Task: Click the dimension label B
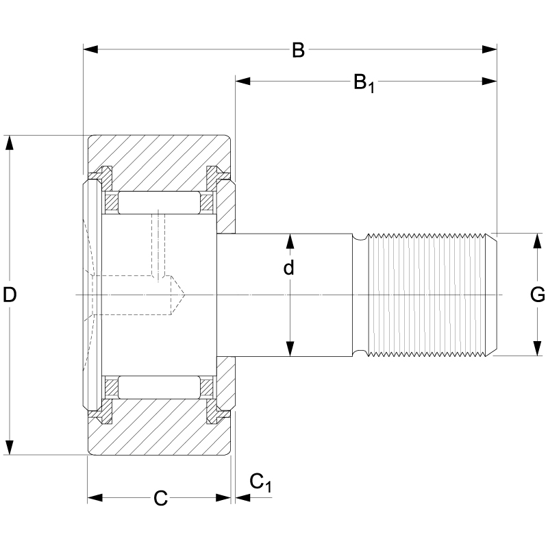[x=297, y=50]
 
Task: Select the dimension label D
[x=10, y=295]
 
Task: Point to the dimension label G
[x=537, y=295]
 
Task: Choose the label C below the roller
[x=160, y=499]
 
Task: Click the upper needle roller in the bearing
[x=158, y=202]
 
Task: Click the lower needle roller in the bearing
[x=158, y=388]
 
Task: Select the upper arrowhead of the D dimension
[x=10, y=141]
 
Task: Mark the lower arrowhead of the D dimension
[x=10, y=449]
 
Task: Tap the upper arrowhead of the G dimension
[x=537, y=238]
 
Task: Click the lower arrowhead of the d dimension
[x=289, y=351]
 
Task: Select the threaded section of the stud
[x=428, y=295]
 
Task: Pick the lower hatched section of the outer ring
[x=158, y=432]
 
